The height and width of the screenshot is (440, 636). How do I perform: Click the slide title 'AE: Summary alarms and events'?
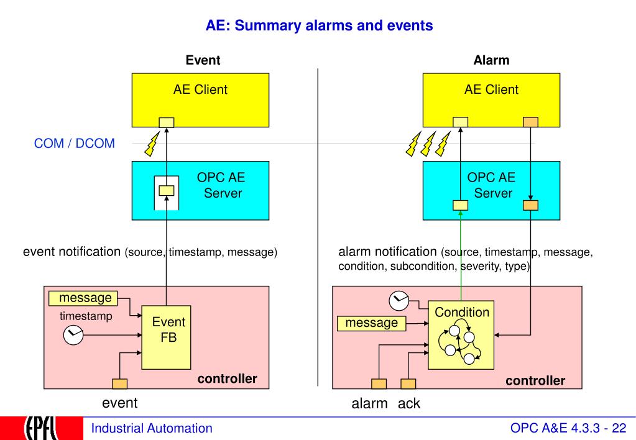click(319, 25)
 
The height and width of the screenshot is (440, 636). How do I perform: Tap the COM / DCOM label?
click(74, 143)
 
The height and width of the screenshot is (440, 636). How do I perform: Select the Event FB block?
click(166, 337)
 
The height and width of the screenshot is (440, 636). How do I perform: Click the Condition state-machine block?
click(461, 335)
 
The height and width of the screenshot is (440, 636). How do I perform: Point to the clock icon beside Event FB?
click(73, 335)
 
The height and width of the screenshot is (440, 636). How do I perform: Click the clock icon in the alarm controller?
click(399, 301)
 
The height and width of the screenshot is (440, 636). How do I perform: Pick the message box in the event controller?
click(83, 298)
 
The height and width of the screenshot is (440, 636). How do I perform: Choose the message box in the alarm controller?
click(372, 323)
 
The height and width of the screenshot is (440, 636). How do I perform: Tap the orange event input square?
click(119, 383)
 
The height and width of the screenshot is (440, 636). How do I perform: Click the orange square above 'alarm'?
click(379, 383)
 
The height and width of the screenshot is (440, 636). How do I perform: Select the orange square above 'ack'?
click(408, 383)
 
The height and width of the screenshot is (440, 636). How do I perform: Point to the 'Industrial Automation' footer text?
click(152, 428)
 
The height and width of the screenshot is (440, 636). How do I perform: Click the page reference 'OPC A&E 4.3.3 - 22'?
click(568, 428)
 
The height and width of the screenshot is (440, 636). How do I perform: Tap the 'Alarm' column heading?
click(491, 60)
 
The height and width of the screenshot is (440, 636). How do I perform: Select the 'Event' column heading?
click(203, 60)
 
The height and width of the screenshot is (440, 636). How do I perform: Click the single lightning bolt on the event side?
click(152, 144)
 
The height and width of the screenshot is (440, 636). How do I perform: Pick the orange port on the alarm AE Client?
click(530, 122)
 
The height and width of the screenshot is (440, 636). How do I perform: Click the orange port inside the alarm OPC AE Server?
click(530, 205)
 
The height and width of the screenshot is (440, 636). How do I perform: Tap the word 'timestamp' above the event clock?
click(86, 316)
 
